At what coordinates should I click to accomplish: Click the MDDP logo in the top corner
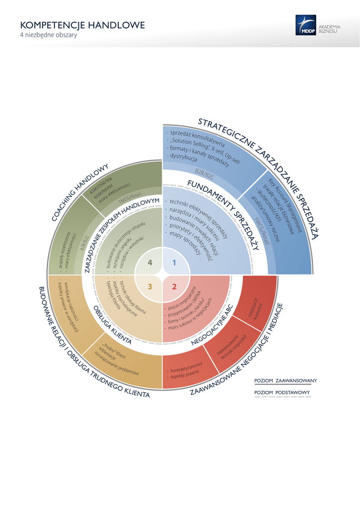click(x=305, y=25)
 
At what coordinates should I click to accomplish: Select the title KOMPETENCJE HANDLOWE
click(x=82, y=25)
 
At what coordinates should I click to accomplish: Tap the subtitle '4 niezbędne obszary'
click(x=48, y=36)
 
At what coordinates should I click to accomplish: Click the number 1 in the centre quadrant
click(x=174, y=263)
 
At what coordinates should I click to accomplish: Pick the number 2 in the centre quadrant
click(x=174, y=286)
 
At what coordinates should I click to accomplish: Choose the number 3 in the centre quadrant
click(x=150, y=286)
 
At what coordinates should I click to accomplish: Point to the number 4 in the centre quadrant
click(x=150, y=263)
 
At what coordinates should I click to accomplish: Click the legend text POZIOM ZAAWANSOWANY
click(x=286, y=381)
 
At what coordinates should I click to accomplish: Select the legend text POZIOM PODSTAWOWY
click(x=282, y=392)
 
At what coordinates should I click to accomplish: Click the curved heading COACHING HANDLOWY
click(x=79, y=192)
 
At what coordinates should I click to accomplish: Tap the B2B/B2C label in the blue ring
click(x=205, y=174)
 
